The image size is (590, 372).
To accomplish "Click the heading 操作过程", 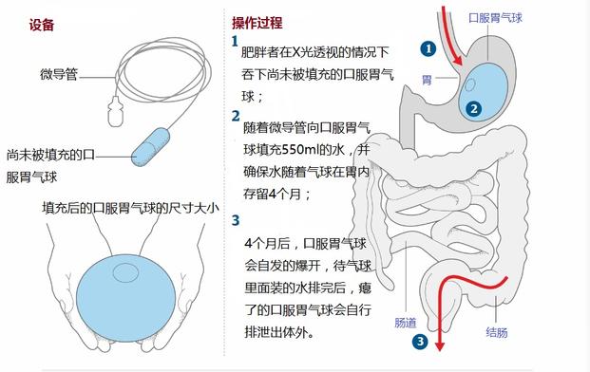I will click(x=257, y=23).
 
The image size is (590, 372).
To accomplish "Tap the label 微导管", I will click(x=59, y=72).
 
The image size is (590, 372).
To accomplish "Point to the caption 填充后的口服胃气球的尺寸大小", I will click(x=130, y=206).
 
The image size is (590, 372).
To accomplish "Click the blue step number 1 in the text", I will click(x=235, y=43).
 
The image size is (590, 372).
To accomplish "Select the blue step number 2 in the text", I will click(x=235, y=116).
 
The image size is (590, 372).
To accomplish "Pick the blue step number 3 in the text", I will click(x=235, y=220).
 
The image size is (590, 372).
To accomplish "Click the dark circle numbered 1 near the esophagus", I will click(x=428, y=46).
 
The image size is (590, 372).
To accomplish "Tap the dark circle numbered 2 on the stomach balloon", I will click(x=473, y=108).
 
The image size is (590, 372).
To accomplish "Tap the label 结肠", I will click(x=495, y=333).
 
